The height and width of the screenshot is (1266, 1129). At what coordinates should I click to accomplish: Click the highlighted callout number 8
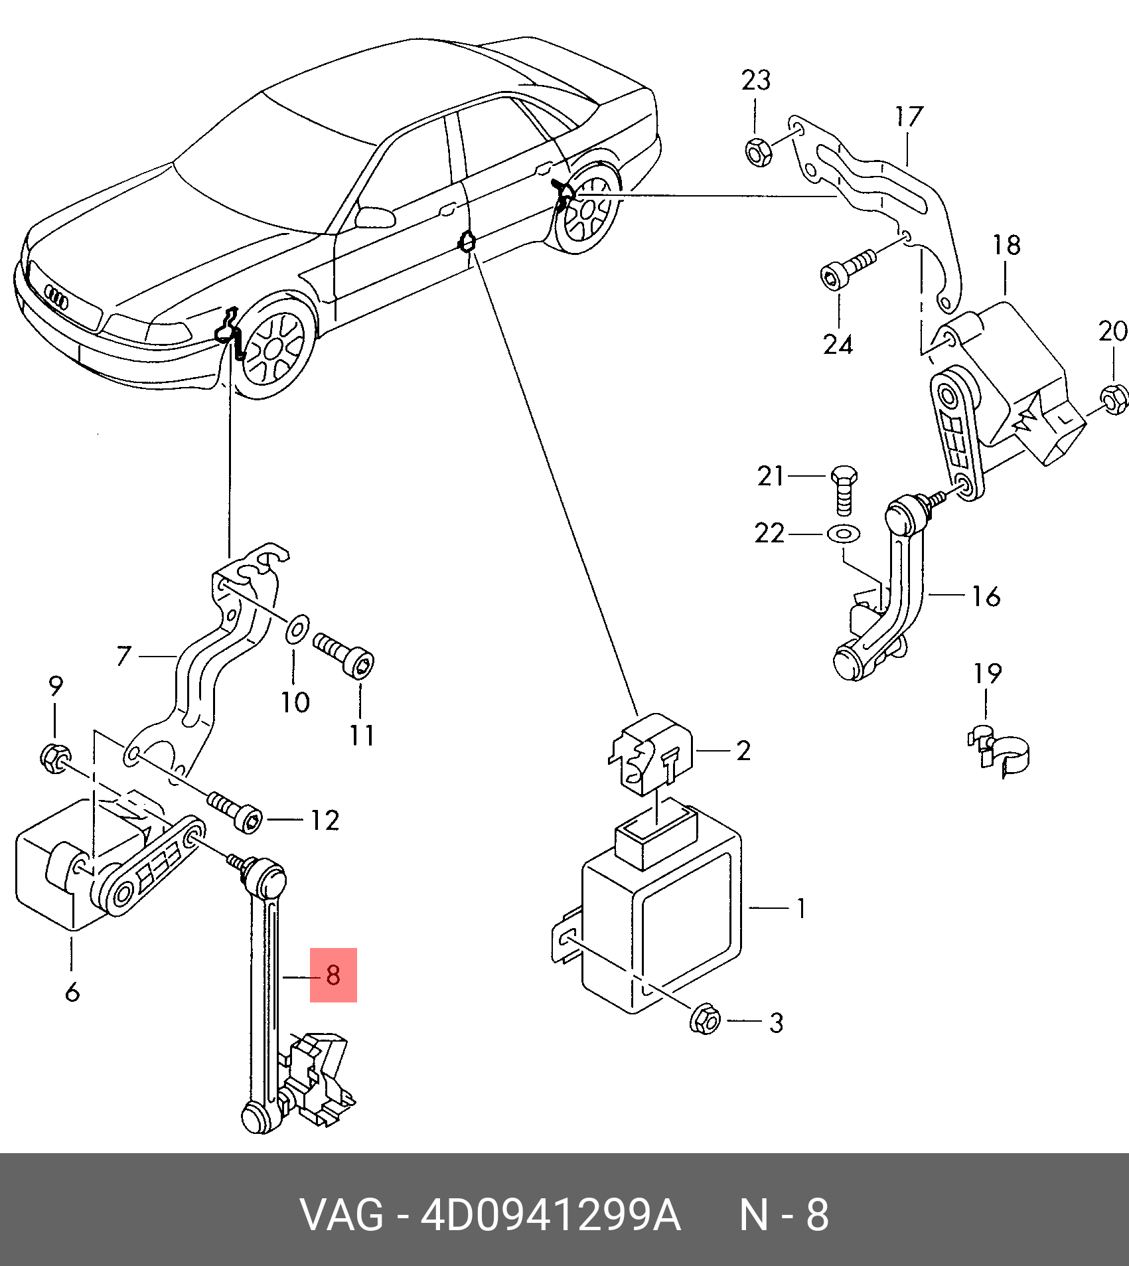[333, 975]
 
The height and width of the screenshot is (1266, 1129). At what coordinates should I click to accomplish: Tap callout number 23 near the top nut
[756, 81]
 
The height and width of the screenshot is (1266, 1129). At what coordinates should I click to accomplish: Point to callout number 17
[909, 117]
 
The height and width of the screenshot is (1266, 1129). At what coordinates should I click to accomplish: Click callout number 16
[986, 596]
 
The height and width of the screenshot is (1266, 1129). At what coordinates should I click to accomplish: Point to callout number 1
[801, 908]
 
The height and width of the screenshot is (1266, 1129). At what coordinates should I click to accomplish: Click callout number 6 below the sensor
[72, 992]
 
